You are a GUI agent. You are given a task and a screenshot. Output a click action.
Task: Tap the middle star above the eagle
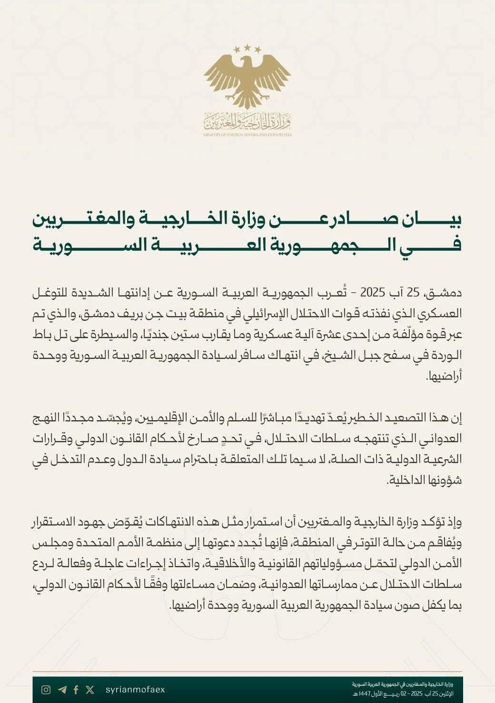[247, 48]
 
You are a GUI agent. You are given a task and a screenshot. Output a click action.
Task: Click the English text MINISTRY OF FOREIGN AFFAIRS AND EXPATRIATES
[247, 135]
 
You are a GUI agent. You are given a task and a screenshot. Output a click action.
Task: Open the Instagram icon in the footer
[46, 690]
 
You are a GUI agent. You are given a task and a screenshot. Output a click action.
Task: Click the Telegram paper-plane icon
[62, 690]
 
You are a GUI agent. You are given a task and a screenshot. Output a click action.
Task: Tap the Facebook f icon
[76, 690]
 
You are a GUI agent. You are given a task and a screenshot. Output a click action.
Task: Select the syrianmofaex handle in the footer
[135, 690]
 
